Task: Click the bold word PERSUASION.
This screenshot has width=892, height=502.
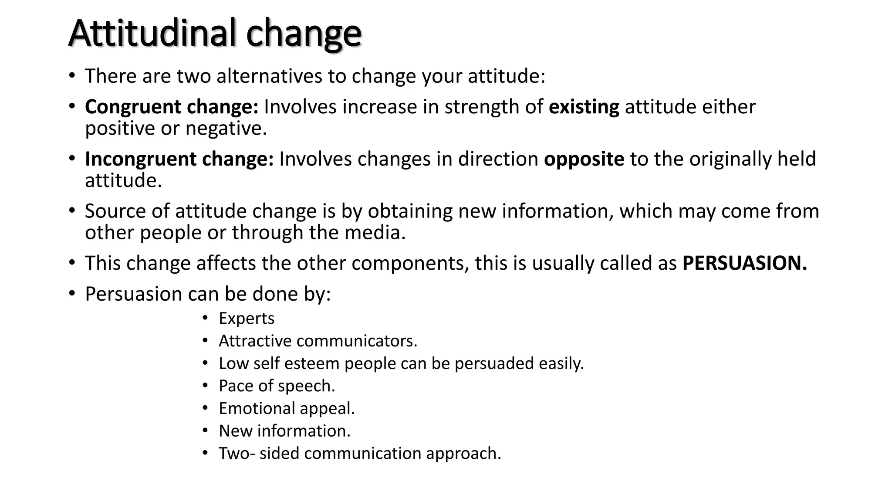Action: pos(744,263)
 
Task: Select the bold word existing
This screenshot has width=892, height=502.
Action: pos(584,107)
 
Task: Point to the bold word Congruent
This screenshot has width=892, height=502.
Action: pos(133,107)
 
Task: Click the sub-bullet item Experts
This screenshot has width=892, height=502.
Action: pos(247,319)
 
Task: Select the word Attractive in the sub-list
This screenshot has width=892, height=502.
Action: pos(255,341)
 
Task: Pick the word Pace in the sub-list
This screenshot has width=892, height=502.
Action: pos(235,386)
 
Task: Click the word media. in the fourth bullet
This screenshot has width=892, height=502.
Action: pos(375,233)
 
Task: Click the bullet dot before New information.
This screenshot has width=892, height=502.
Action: pos(206,431)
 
